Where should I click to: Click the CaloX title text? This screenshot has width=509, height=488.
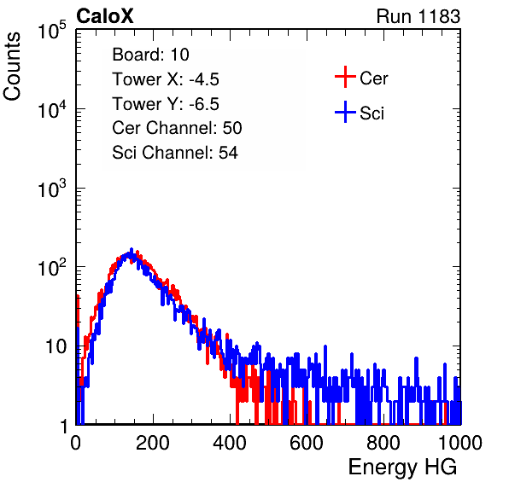(x=105, y=16)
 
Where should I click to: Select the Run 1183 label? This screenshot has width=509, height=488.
(x=418, y=16)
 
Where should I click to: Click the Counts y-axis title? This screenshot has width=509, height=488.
(x=12, y=67)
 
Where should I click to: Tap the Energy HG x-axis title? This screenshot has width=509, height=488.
(x=402, y=467)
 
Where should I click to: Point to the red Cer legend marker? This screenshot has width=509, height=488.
(x=345, y=77)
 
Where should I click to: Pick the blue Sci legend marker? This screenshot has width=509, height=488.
(x=345, y=112)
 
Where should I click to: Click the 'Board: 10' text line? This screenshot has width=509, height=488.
(x=150, y=55)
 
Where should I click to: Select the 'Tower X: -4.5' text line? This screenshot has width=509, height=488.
(x=166, y=79)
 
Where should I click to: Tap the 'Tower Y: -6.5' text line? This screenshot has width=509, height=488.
(x=166, y=104)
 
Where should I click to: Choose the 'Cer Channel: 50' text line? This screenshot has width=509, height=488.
(x=177, y=128)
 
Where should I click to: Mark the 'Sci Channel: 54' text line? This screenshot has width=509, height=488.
(x=175, y=153)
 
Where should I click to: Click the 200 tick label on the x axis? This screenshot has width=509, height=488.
(x=153, y=443)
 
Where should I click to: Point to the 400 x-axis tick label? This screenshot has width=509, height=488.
(x=230, y=443)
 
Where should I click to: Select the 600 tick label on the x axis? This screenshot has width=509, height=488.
(x=307, y=443)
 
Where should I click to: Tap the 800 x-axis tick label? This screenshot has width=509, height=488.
(x=383, y=443)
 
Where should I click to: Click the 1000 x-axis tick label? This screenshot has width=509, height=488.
(x=460, y=443)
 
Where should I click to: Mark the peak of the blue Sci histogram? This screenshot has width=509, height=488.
(x=132, y=249)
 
